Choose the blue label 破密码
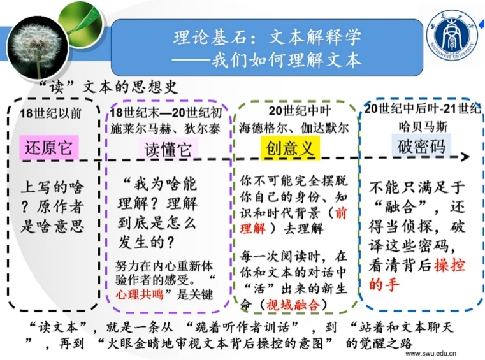click(x=421, y=146)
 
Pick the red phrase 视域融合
click(x=293, y=305)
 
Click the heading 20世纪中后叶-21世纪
click(x=421, y=109)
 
